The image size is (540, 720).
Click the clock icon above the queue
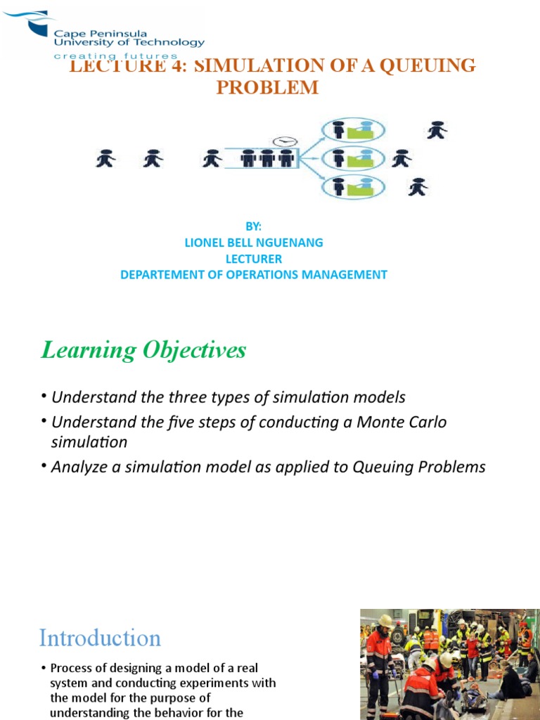pyautogui.click(x=285, y=141)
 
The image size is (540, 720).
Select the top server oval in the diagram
pyautogui.click(x=353, y=130)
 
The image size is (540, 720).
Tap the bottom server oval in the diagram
pyautogui.click(x=353, y=187)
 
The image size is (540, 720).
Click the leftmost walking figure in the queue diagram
pyautogui.click(x=105, y=160)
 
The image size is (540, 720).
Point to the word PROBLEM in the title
pyautogui.click(x=267, y=87)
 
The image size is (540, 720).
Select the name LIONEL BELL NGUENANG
pyautogui.click(x=254, y=243)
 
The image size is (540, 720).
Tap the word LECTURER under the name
pyautogui.click(x=254, y=259)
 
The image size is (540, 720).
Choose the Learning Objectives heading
pyautogui.click(x=143, y=350)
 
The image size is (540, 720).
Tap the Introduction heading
pyautogui.click(x=100, y=638)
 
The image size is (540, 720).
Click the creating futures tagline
pyautogui.click(x=116, y=56)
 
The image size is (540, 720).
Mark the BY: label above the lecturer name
pyautogui.click(x=254, y=226)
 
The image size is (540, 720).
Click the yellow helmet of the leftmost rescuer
pyautogui.click(x=385, y=621)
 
